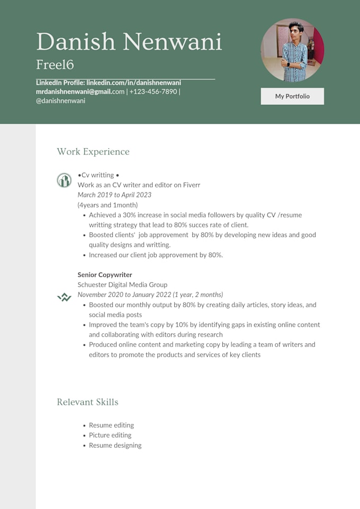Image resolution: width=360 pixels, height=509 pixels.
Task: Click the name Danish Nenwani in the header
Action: tap(129, 42)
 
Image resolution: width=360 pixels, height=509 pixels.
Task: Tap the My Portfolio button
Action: tap(292, 96)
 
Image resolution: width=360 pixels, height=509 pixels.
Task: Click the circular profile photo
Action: tap(292, 50)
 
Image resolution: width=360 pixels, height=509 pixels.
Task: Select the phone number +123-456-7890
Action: tap(154, 92)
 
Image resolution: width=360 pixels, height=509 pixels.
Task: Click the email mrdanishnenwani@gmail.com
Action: tap(80, 92)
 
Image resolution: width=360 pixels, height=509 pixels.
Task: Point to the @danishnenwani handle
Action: tap(60, 101)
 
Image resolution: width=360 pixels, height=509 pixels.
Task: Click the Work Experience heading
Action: tap(93, 152)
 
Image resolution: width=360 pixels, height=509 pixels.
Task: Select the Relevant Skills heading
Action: tap(87, 402)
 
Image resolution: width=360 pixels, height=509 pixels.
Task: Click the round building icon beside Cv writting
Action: tap(64, 180)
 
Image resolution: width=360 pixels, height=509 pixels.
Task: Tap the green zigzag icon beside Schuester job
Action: tap(64, 297)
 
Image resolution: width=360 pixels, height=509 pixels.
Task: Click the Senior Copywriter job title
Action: tap(105, 275)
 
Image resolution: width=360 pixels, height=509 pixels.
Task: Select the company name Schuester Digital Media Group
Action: tap(122, 285)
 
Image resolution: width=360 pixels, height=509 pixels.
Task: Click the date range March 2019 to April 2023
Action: tap(114, 195)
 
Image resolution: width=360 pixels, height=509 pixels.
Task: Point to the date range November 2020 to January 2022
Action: tap(150, 295)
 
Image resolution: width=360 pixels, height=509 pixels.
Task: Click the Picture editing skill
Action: tap(110, 435)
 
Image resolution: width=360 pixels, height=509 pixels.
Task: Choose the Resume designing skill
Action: tap(115, 445)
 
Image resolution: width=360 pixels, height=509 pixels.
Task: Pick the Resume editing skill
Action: tap(111, 425)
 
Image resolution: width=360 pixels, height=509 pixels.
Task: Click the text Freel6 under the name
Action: tap(55, 65)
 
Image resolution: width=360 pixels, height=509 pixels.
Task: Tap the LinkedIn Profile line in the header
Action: tap(109, 83)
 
